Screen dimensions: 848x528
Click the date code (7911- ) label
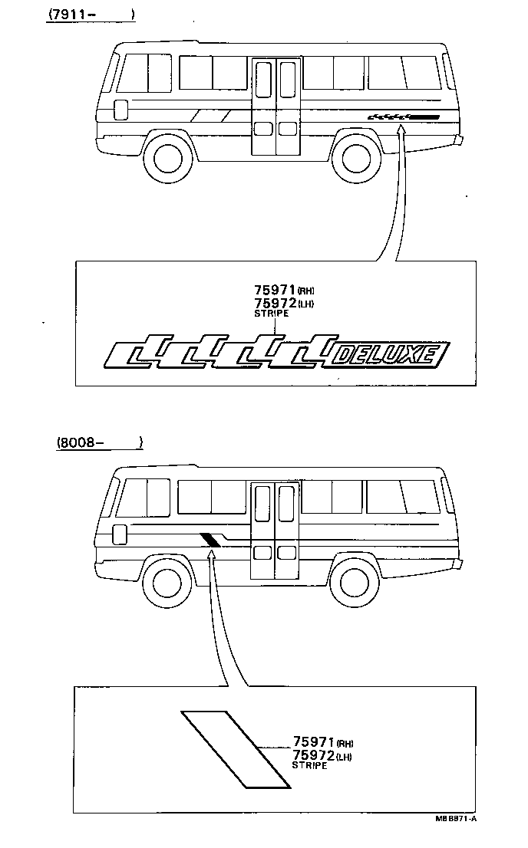(x=90, y=14)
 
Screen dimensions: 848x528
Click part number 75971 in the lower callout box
(x=313, y=741)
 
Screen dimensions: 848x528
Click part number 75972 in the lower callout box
(x=313, y=755)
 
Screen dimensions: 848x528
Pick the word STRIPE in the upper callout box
(x=269, y=314)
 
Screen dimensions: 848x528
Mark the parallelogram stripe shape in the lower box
(x=236, y=749)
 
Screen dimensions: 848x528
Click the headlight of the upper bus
(x=120, y=110)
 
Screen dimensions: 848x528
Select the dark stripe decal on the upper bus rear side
(x=404, y=117)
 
